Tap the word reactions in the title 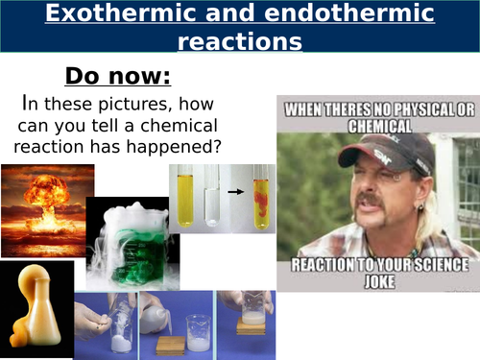[x=240, y=42]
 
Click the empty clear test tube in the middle [x=211, y=198]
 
